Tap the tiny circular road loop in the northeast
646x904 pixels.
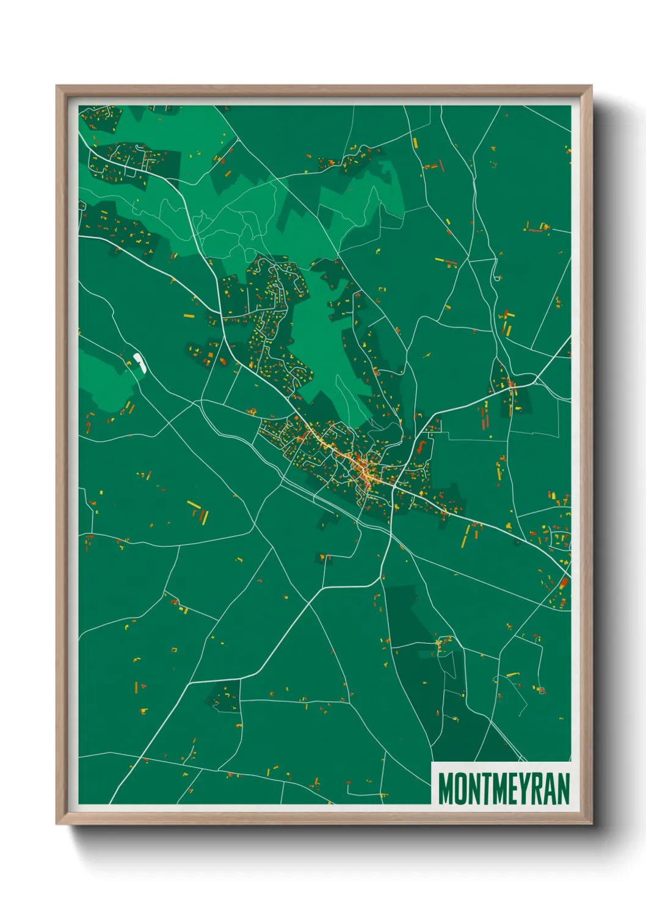(x=498, y=278)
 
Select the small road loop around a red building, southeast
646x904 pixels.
(x=540, y=690)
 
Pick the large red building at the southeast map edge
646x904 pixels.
(x=564, y=583)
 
